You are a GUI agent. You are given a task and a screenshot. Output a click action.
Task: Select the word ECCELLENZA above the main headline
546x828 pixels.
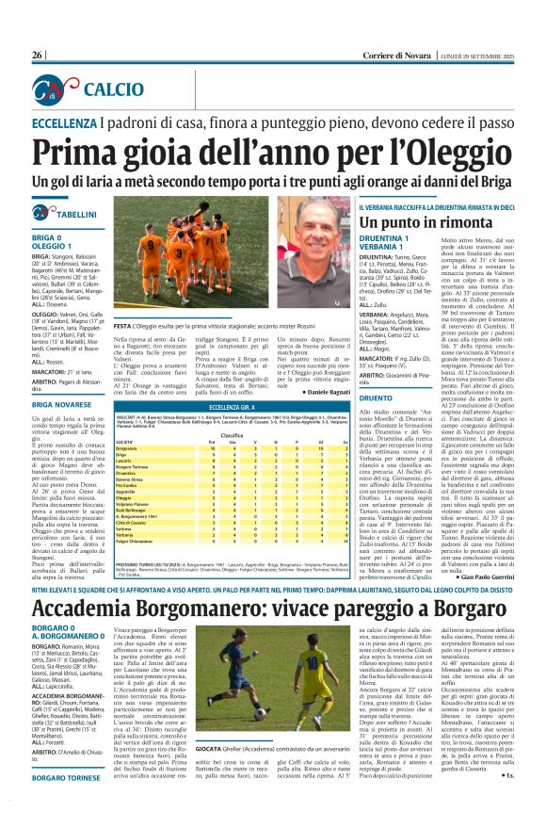point(70,123)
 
